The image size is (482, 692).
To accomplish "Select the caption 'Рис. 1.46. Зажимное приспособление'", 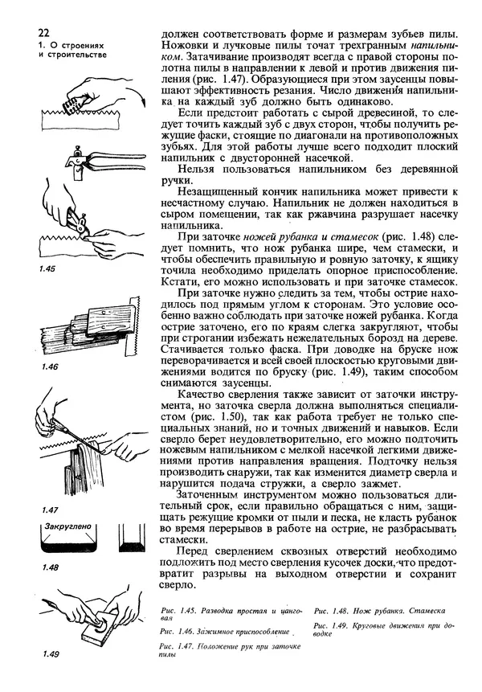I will point(223,633).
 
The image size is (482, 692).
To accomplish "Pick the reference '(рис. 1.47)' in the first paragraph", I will point(219,81).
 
